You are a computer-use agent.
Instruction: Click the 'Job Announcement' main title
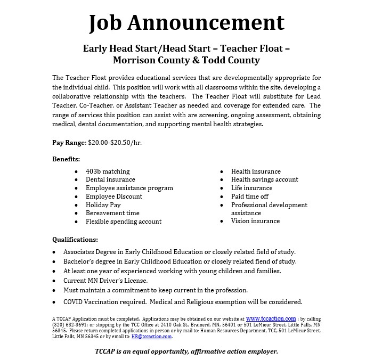click(x=186, y=22)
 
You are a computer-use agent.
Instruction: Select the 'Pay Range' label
click(x=69, y=143)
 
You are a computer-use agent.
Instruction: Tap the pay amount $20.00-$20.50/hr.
click(x=115, y=143)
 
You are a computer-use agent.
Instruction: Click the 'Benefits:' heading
click(x=66, y=159)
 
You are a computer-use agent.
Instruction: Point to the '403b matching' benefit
click(x=108, y=171)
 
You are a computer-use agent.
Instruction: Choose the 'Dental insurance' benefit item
click(x=110, y=179)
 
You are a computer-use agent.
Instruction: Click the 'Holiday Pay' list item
click(x=103, y=204)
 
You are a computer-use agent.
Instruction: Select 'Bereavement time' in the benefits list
click(x=112, y=213)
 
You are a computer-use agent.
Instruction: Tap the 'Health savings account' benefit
click(x=265, y=179)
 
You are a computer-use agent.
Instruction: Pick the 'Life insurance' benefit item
click(x=251, y=188)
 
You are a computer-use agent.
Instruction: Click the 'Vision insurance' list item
click(x=255, y=221)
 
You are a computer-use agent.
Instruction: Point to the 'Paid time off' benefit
click(x=250, y=197)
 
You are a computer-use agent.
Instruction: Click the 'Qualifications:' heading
click(x=75, y=240)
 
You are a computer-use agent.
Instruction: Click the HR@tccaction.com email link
click(x=157, y=337)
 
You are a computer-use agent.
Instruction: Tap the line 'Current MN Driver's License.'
click(x=105, y=281)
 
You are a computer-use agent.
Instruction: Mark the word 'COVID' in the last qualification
click(x=74, y=301)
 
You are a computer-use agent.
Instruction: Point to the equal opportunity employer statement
click(x=186, y=351)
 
